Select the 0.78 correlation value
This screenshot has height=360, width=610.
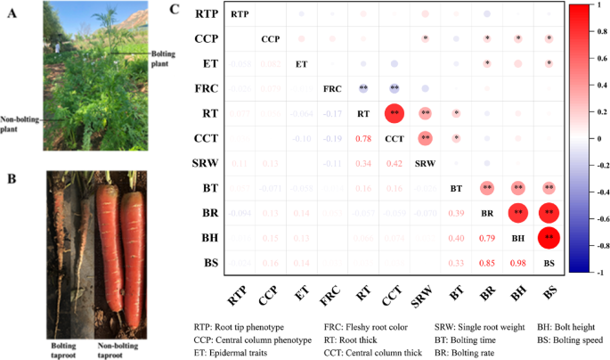point(363,139)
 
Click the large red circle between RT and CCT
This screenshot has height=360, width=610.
point(394,114)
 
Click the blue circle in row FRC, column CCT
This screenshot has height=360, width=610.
point(394,89)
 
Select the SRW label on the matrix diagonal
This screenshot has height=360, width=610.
point(425,164)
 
